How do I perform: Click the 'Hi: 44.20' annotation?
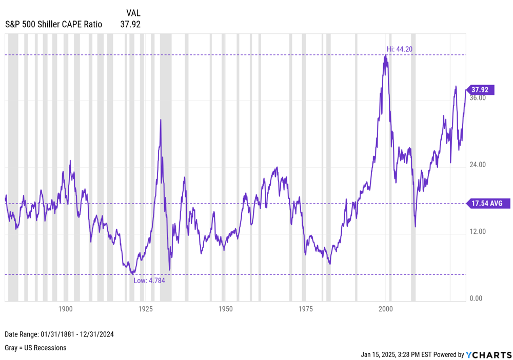coord(400,49)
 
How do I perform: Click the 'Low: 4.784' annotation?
coord(149,281)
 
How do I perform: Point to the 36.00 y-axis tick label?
coord(478,98)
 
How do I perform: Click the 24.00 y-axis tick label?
coord(478,165)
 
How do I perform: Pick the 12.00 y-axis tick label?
coord(478,231)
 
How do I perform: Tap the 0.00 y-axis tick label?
coord(476,298)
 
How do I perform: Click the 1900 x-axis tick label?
coord(65,309)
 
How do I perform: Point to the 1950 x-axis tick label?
coord(225,309)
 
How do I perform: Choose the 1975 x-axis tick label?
coord(305,309)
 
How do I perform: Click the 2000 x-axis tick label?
coord(385,309)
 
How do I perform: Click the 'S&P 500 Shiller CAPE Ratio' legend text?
coord(53,24)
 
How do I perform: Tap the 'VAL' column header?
coord(133,13)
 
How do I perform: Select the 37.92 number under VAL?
coord(130,24)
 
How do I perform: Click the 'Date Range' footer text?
coord(59,334)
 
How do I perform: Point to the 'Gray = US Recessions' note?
coord(35,348)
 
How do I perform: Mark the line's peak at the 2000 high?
coord(385,55)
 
